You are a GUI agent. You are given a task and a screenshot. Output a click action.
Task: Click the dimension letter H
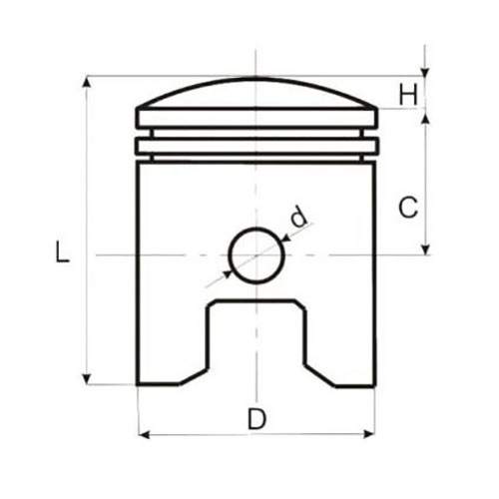tap(408, 95)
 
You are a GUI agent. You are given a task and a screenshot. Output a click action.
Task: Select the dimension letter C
tap(408, 208)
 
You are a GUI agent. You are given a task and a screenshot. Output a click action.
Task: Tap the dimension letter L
tap(62, 251)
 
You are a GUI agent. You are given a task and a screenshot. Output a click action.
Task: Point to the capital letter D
tap(256, 419)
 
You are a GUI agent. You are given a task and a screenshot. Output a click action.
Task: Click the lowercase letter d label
tap(298, 217)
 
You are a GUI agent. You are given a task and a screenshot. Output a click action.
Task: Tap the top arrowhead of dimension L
tap(87, 82)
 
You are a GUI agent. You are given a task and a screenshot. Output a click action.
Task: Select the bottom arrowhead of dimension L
tap(87, 379)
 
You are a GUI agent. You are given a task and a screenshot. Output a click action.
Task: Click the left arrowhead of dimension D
tap(144, 434)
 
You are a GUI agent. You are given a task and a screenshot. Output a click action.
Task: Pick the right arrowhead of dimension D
tap(369, 434)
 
